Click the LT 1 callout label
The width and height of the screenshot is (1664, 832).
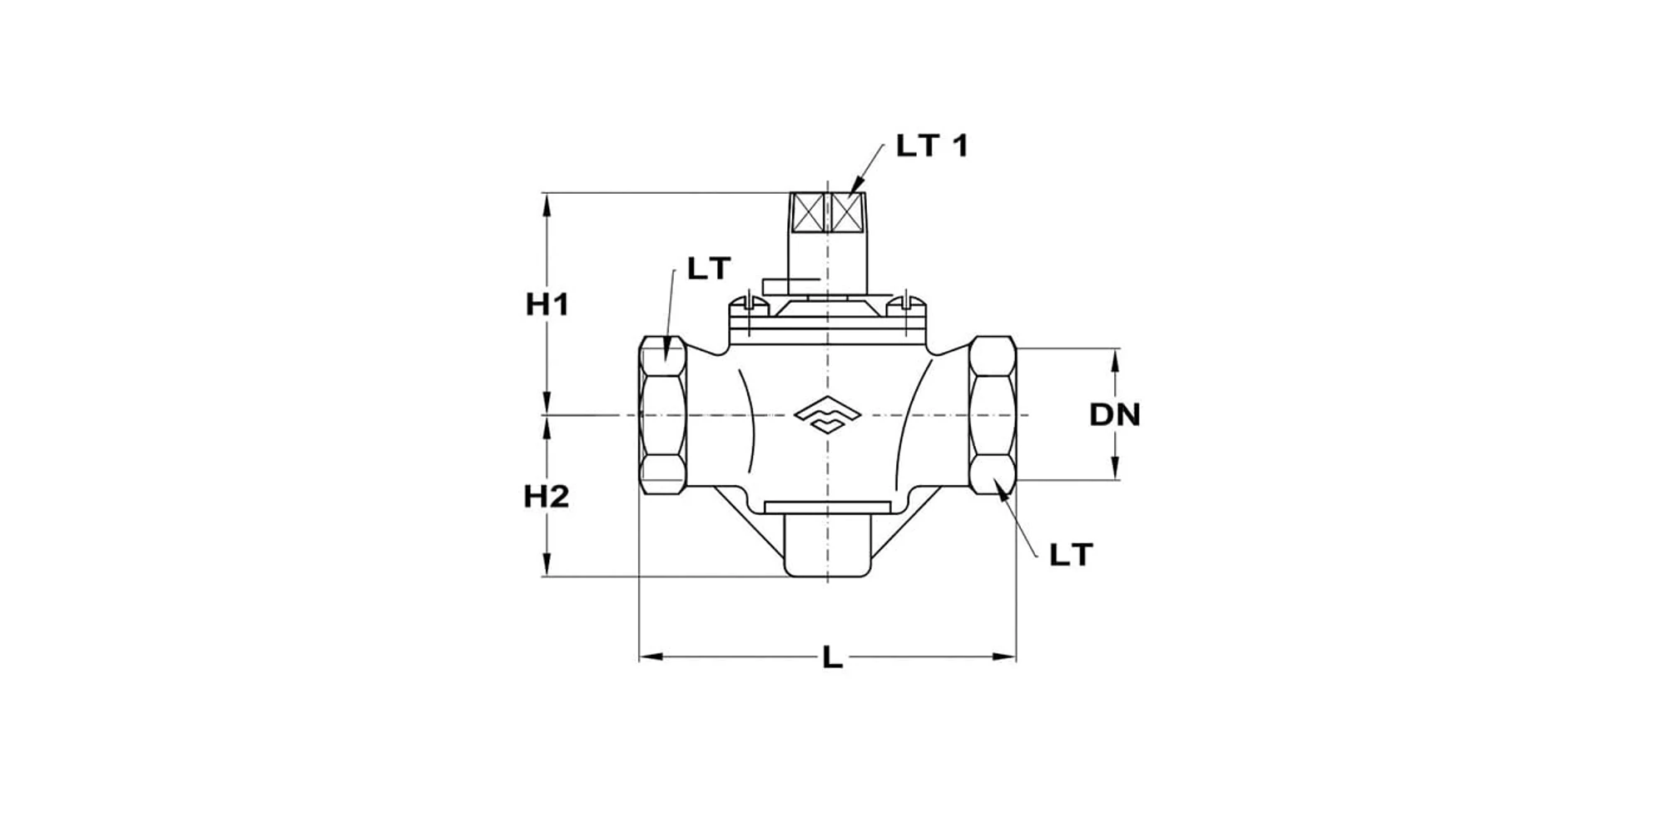click(932, 146)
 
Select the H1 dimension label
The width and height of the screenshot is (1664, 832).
click(547, 305)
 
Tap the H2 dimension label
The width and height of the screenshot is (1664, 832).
click(546, 497)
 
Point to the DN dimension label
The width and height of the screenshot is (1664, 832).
click(1115, 414)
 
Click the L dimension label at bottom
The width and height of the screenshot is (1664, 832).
click(832, 658)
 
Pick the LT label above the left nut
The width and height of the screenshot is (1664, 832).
click(708, 269)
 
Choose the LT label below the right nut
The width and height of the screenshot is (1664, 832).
click(1070, 555)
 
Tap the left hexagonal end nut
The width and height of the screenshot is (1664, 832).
click(663, 414)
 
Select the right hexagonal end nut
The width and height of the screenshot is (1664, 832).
click(993, 414)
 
